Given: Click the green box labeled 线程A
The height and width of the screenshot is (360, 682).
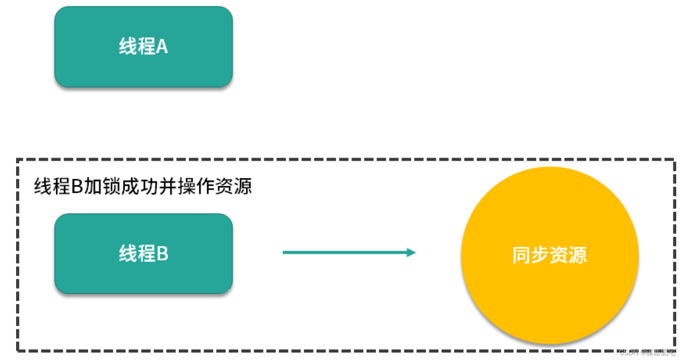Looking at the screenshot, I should (x=143, y=46).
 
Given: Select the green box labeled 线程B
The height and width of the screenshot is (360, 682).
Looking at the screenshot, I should (x=143, y=253).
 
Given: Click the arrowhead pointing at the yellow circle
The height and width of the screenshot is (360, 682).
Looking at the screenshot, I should (x=411, y=252).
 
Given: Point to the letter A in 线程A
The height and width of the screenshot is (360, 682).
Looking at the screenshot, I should (x=162, y=46).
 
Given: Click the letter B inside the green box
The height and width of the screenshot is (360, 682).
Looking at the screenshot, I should (x=163, y=253).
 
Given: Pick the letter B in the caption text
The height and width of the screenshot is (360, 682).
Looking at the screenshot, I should (x=77, y=187).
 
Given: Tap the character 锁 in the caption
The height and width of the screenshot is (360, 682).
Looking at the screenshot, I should (x=111, y=187).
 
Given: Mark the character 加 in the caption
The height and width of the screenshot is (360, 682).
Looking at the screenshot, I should (x=93, y=187).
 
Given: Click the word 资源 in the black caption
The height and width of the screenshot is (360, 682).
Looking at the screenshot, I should (x=234, y=187).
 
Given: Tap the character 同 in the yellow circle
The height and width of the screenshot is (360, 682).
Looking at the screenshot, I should (x=521, y=255).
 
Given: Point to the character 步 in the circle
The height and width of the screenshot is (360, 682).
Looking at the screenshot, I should (x=540, y=255).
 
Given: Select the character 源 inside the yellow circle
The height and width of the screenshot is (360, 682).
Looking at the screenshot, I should (x=578, y=255).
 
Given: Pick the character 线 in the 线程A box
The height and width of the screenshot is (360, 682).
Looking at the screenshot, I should (x=128, y=46).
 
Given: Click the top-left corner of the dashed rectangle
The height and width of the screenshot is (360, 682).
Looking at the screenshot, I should (x=18, y=160).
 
